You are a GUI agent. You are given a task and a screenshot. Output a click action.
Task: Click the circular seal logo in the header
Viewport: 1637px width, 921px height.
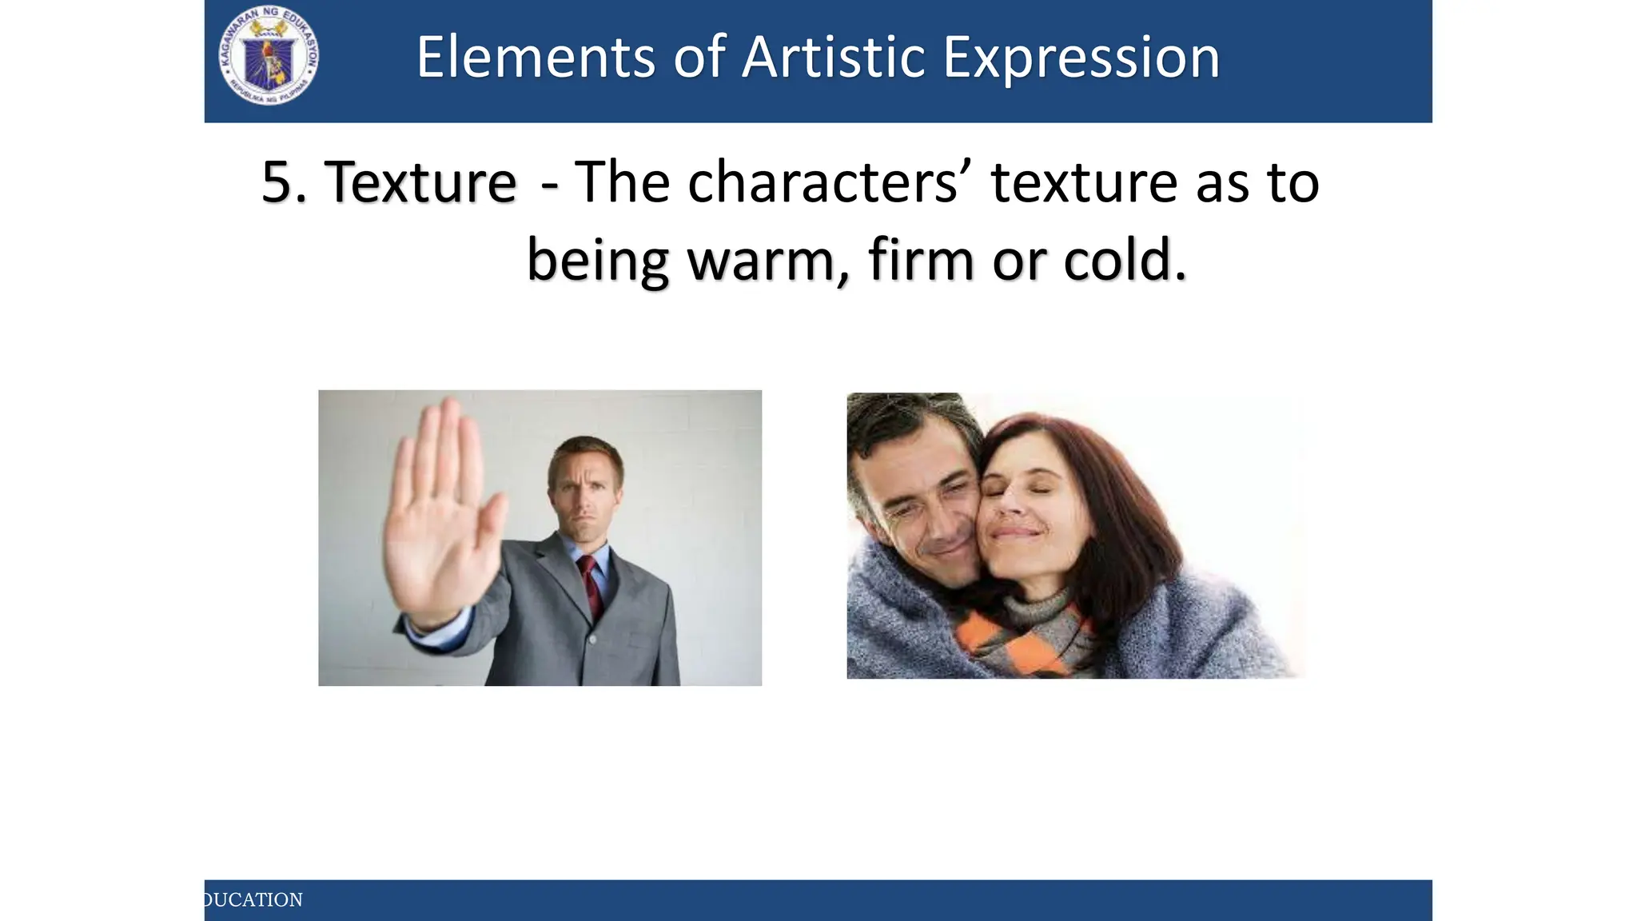tap(269, 57)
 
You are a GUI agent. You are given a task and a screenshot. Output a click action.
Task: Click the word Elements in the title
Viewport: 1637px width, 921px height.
tap(535, 58)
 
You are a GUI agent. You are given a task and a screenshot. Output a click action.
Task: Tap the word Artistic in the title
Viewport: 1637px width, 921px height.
tap(831, 58)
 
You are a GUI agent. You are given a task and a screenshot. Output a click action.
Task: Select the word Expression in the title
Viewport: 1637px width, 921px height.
tap(1081, 59)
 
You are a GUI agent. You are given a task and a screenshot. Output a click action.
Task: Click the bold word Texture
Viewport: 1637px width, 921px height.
tap(420, 182)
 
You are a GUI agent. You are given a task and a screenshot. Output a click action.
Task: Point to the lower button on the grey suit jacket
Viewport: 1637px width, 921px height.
tap(592, 640)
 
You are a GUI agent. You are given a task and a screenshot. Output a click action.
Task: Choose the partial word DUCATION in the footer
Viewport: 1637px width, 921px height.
tap(253, 900)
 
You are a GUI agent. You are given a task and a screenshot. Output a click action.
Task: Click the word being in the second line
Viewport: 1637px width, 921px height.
tap(597, 261)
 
